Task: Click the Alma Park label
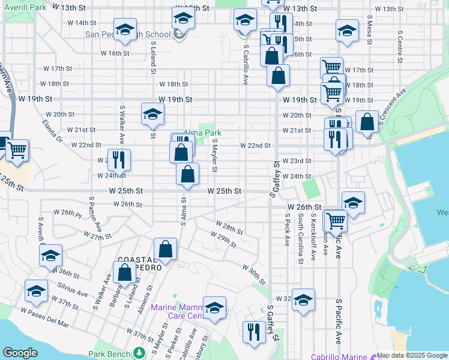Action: click(x=202, y=133)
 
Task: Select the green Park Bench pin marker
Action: click(x=140, y=353)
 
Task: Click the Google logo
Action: click(x=20, y=353)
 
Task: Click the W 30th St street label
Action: click(x=254, y=273)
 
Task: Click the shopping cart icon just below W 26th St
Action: click(x=336, y=220)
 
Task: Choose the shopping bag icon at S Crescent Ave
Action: click(x=367, y=122)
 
